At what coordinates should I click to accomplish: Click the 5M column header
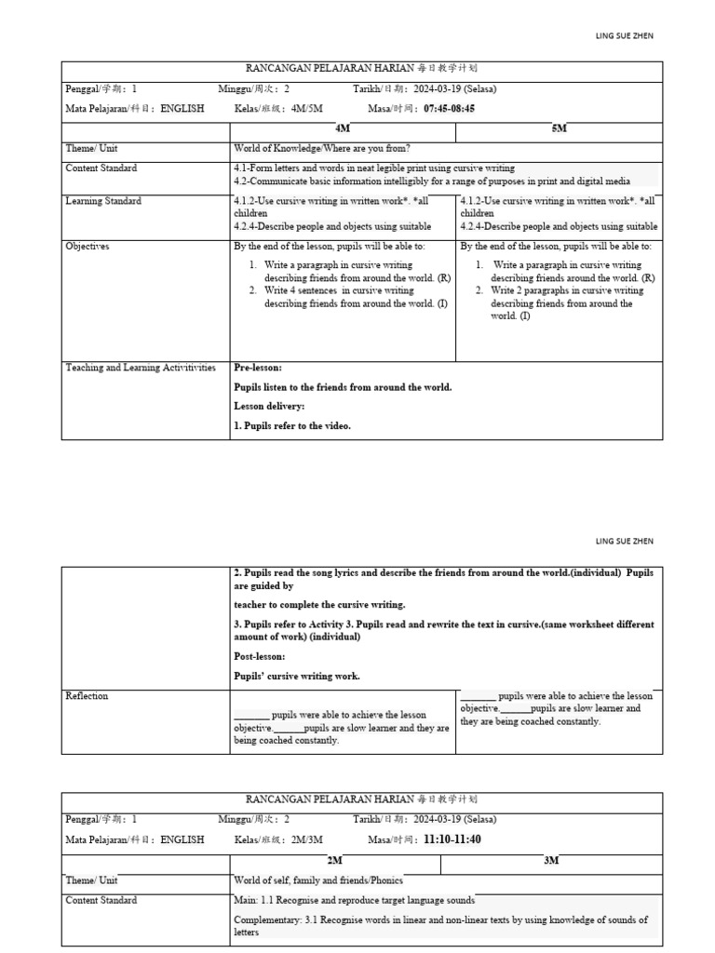tap(559, 128)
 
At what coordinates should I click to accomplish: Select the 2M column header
tap(335, 861)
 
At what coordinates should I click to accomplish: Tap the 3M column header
tap(551, 861)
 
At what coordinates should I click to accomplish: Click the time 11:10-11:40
tap(452, 839)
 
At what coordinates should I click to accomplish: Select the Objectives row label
tap(88, 247)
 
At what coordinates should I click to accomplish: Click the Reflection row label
tap(87, 696)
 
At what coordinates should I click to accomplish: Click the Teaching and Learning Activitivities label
tap(140, 368)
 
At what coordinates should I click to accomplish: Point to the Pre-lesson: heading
tap(258, 368)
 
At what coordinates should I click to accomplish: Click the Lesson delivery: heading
tap(269, 407)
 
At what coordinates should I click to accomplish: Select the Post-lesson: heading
tap(262, 656)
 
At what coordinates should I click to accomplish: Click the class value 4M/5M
tap(306, 108)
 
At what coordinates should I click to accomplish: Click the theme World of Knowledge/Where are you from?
tap(322, 149)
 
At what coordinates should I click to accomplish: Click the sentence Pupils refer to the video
tap(292, 426)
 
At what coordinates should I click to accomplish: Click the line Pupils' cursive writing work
tap(296, 676)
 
